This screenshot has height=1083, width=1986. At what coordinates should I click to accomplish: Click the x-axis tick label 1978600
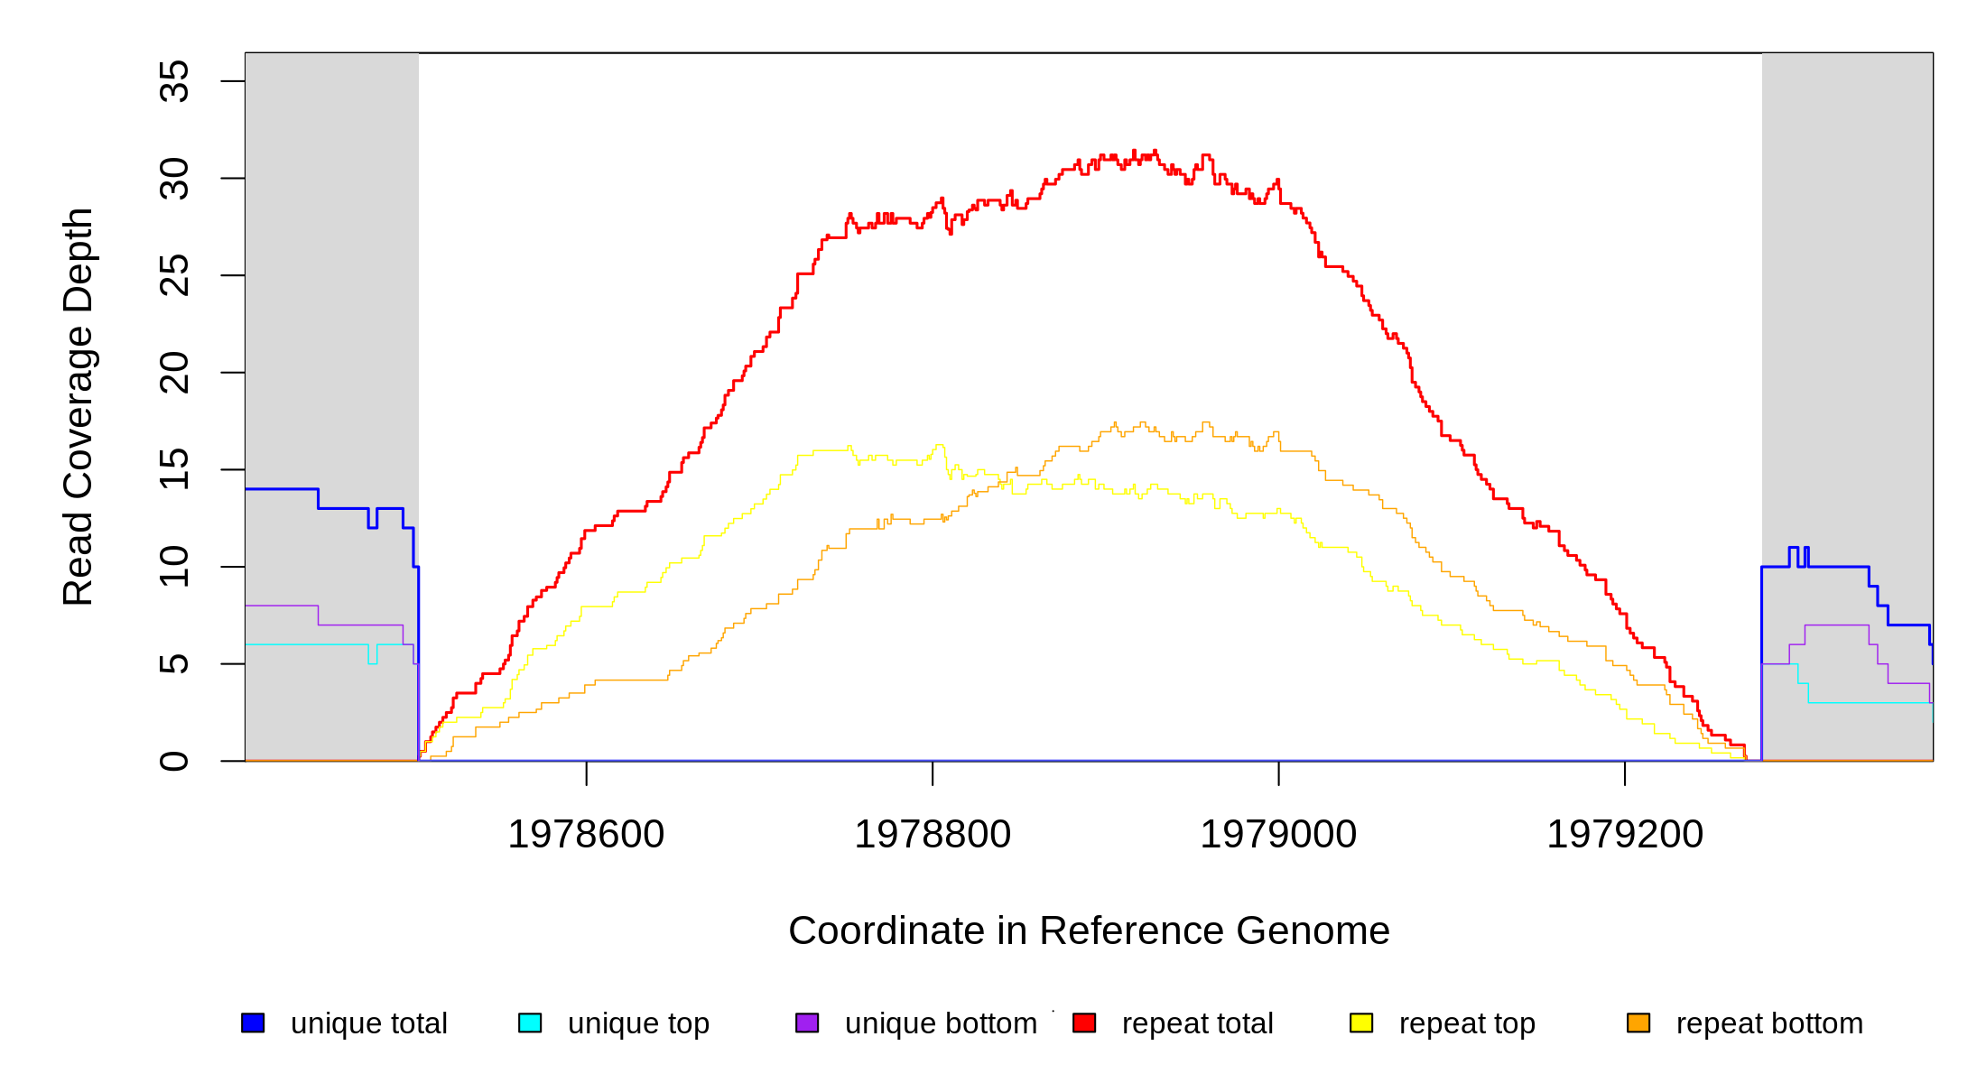[x=586, y=835]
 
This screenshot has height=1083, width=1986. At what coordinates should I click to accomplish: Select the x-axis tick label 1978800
[x=933, y=835]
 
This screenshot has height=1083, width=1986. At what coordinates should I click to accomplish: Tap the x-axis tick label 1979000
[x=1278, y=835]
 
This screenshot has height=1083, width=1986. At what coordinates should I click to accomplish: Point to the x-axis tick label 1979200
[x=1625, y=835]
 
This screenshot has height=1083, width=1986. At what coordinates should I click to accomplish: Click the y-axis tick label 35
[x=174, y=81]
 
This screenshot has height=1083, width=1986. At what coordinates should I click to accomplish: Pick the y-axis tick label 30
[x=174, y=179]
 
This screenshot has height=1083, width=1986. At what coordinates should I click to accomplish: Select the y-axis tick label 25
[x=174, y=275]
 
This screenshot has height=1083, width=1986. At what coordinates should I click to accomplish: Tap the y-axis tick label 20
[x=174, y=373]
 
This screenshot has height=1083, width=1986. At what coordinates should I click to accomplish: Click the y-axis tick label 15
[x=174, y=469]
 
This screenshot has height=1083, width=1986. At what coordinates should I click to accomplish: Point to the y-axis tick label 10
[x=174, y=567]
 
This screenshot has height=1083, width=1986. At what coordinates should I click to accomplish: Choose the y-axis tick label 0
[x=174, y=761]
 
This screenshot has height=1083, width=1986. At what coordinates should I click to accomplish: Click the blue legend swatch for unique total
[x=253, y=1023]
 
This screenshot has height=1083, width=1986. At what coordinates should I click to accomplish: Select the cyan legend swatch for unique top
[x=530, y=1023]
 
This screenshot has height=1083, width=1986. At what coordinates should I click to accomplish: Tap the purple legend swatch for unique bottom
[x=807, y=1023]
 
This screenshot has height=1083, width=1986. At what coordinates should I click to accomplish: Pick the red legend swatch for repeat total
[x=1084, y=1023]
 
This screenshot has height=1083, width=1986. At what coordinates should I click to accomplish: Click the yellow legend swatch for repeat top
[x=1361, y=1023]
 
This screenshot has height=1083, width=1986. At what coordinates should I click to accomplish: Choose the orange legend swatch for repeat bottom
[x=1638, y=1023]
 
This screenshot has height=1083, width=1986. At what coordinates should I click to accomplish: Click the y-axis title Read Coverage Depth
[x=79, y=406]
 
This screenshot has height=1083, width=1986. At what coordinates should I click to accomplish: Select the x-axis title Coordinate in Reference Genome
[x=1089, y=930]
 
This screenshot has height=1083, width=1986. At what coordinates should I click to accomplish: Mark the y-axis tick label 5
[x=174, y=664]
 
